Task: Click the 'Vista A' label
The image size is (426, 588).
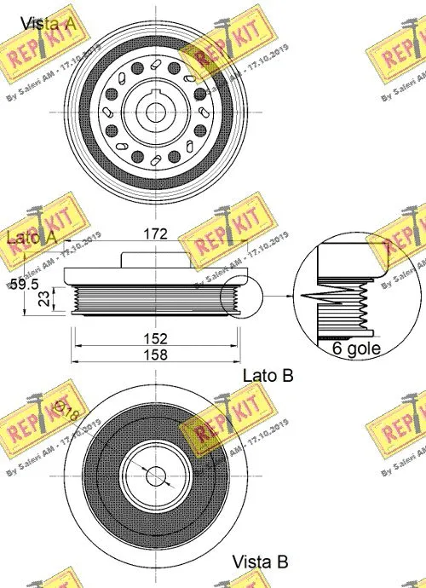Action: point(49,24)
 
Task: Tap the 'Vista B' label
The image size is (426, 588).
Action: point(260,562)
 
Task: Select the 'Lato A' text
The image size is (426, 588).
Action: point(32,238)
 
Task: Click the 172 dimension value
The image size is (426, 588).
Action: point(154,233)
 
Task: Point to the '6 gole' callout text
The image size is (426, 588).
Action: point(355,349)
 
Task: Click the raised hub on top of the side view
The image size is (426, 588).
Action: point(154,259)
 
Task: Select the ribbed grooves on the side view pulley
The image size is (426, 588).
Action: point(154,299)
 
